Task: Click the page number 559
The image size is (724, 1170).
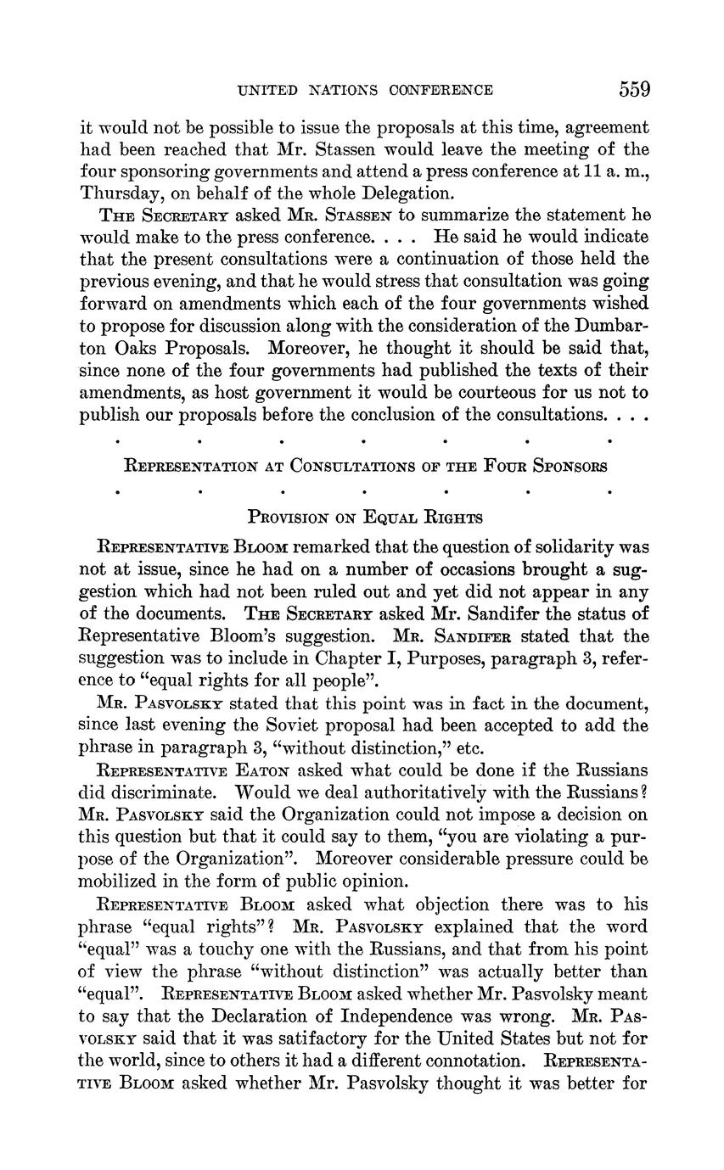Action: (x=634, y=89)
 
